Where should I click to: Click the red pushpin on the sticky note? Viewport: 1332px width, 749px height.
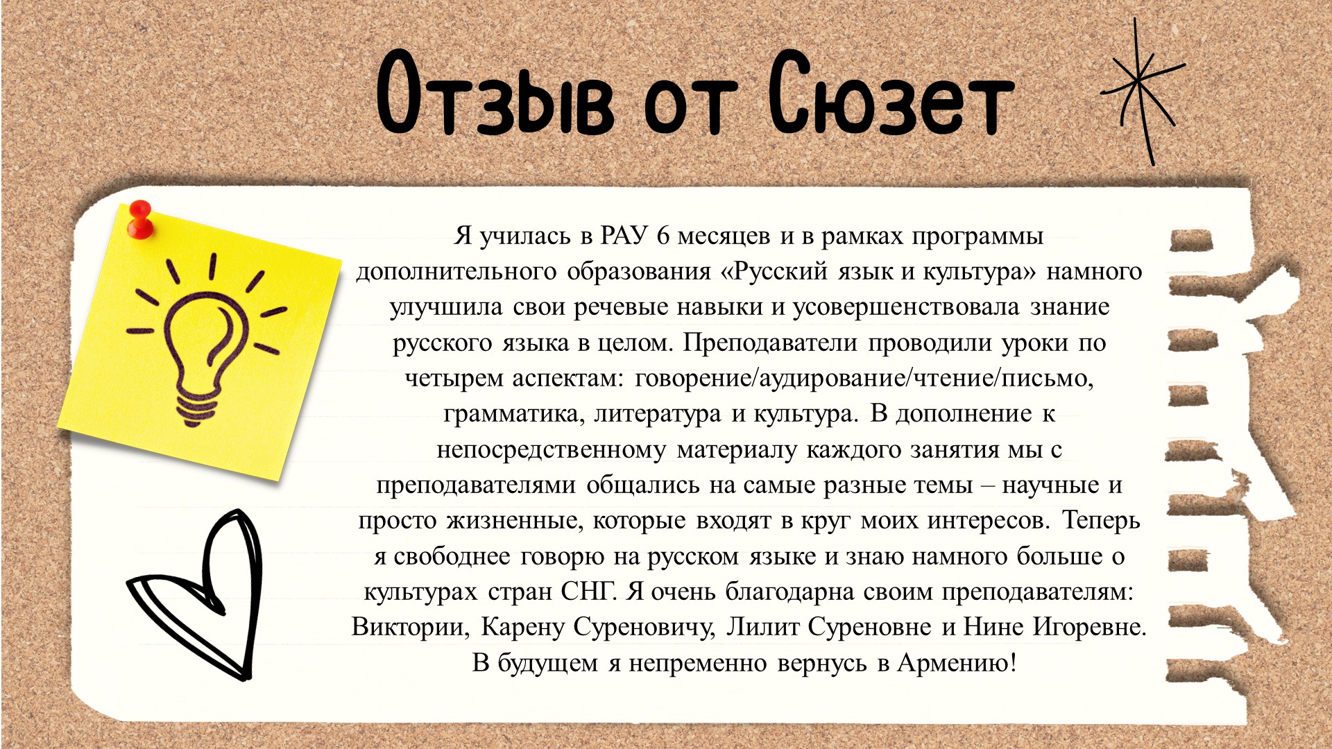[140, 219]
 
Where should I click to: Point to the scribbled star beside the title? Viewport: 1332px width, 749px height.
[1142, 90]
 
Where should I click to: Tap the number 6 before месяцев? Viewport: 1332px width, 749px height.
[663, 236]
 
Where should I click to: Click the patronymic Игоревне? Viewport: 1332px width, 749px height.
[1089, 628]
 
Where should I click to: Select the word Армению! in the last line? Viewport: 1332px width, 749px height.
[957, 663]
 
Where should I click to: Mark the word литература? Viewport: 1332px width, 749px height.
[658, 415]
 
